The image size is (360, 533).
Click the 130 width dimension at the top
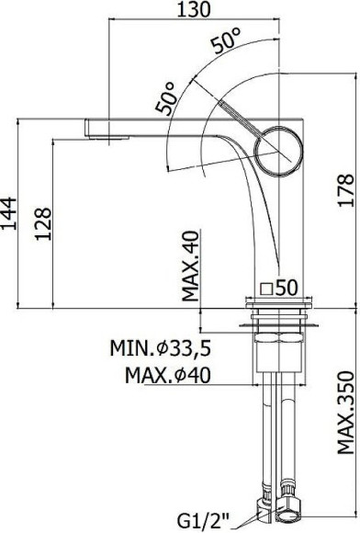coord(195,9)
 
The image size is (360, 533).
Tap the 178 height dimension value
coord(345,190)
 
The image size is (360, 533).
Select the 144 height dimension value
coord(8,213)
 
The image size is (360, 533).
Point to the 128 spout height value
coord(43,223)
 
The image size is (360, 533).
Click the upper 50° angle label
coord(226,40)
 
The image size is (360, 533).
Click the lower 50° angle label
coord(166,97)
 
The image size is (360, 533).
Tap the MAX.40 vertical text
coord(190,266)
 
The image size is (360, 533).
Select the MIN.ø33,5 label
coord(161,348)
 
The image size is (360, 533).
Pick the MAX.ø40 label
coord(168,375)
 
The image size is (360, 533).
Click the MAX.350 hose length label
coord(345,413)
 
